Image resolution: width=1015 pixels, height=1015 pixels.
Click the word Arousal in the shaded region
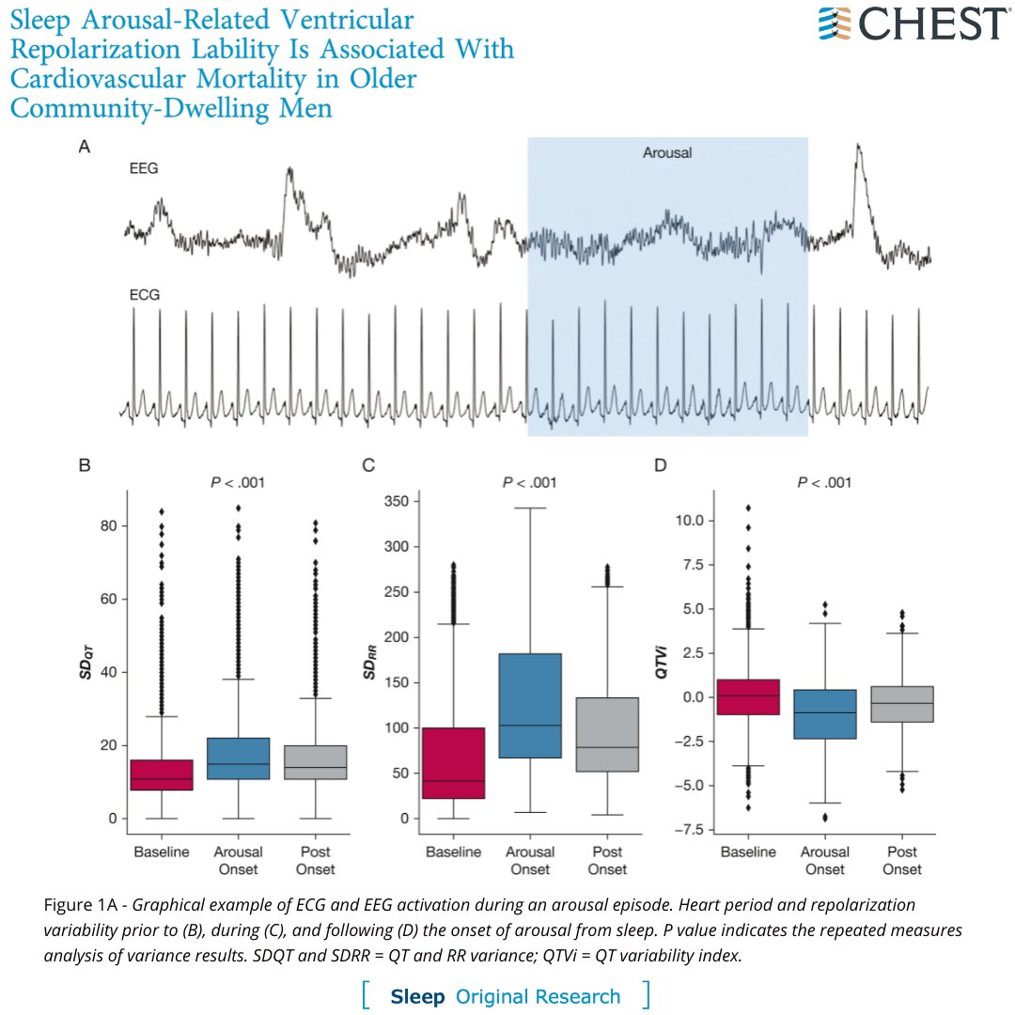[667, 152]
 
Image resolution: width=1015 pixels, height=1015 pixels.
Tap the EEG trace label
[143, 170]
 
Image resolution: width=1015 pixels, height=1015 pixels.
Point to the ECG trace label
[144, 293]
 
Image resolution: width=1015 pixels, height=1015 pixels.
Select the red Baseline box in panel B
[162, 774]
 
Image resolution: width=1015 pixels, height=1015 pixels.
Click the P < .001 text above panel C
[530, 483]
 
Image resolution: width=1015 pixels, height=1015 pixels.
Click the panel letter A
[86, 147]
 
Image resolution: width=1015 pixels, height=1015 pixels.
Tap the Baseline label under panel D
[748, 851]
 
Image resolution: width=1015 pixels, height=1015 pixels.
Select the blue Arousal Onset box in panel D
[826, 713]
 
